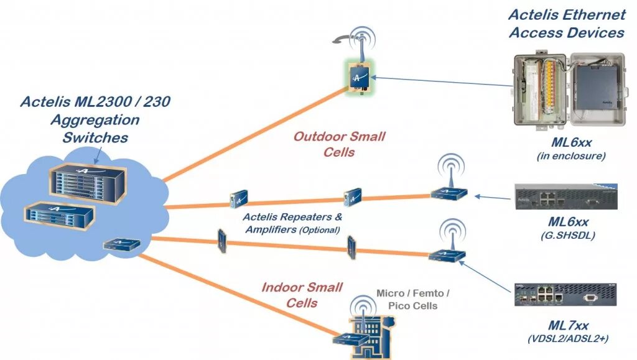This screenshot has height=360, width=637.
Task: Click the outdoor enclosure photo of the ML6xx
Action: click(x=569, y=89)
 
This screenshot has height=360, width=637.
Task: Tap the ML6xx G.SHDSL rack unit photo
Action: click(x=566, y=197)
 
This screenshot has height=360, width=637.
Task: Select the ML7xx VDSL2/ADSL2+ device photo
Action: click(x=565, y=295)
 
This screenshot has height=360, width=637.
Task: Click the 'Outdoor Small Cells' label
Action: click(x=339, y=144)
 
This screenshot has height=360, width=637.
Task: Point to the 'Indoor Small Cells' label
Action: click(x=302, y=295)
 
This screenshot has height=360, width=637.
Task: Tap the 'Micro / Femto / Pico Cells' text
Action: click(x=413, y=299)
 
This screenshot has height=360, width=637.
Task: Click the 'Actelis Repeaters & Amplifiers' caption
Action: click(x=292, y=223)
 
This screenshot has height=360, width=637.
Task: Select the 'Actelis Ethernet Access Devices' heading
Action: click(x=567, y=24)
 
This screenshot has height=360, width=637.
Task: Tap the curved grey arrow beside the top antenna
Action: click(x=344, y=39)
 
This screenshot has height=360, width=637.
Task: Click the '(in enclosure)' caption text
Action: click(x=571, y=156)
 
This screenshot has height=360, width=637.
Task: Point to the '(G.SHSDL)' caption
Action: click(x=568, y=236)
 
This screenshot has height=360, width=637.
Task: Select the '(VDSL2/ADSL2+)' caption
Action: click(x=567, y=338)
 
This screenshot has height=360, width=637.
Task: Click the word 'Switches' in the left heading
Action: click(x=95, y=137)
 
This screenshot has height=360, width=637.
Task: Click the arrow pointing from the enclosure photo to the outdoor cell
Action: click(x=441, y=81)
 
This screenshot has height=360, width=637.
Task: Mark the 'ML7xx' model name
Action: click(x=568, y=326)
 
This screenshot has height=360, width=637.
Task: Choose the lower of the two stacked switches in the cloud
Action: click(x=60, y=216)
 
